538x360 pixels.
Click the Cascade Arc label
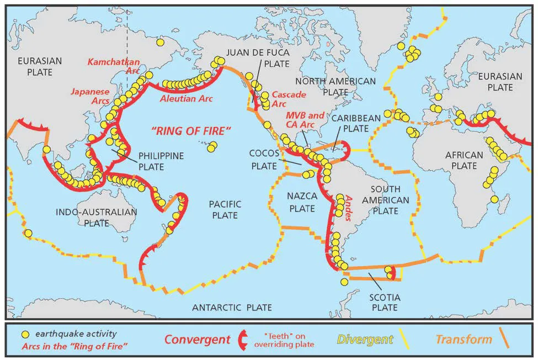288,99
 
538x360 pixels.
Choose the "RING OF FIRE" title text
191,131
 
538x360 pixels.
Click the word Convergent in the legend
197,339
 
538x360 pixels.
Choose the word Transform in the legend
464,339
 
